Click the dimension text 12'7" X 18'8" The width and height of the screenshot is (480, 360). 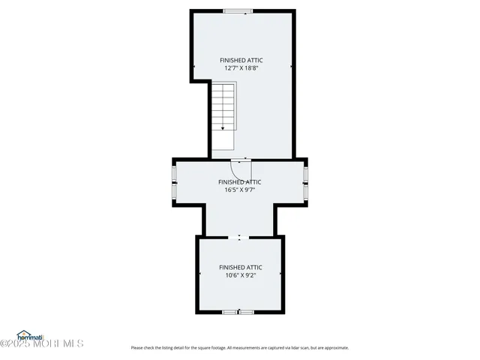(241, 67)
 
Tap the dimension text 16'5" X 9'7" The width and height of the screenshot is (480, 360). (240, 189)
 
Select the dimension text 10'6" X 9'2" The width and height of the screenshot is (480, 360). (240, 274)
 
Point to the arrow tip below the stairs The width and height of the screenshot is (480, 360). (223, 129)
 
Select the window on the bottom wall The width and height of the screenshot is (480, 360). (239, 311)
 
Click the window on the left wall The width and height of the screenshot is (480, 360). (174, 182)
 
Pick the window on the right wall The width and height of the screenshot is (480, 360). (305, 182)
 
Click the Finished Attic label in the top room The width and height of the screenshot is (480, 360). (241, 60)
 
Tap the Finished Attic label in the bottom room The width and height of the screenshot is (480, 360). (240, 267)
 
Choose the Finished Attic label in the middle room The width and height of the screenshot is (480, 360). (240, 181)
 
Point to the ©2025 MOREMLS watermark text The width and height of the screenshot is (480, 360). (42, 344)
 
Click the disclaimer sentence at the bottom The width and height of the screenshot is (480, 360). (240, 347)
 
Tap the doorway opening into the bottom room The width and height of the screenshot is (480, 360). (239, 237)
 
